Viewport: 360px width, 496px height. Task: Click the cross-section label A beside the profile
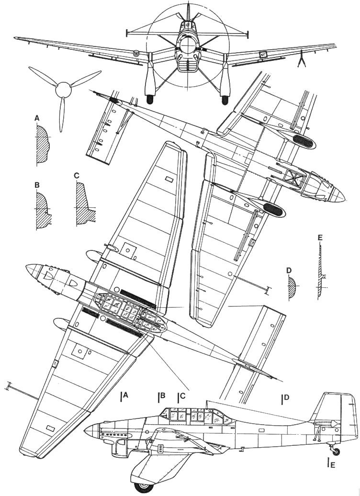click(37, 117)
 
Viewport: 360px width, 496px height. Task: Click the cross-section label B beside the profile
click(37, 184)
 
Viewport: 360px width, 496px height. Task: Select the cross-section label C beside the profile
click(77, 176)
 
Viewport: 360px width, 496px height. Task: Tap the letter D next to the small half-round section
click(289, 271)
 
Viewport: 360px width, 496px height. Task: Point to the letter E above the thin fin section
click(320, 237)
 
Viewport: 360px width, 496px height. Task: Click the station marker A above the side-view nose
click(125, 396)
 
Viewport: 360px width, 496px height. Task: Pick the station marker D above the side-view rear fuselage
click(286, 397)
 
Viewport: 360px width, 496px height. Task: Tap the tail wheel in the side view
click(337, 451)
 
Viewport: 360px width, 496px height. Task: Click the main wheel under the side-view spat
click(142, 487)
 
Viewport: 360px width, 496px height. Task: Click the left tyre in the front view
click(150, 100)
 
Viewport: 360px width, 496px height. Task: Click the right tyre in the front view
click(223, 100)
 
